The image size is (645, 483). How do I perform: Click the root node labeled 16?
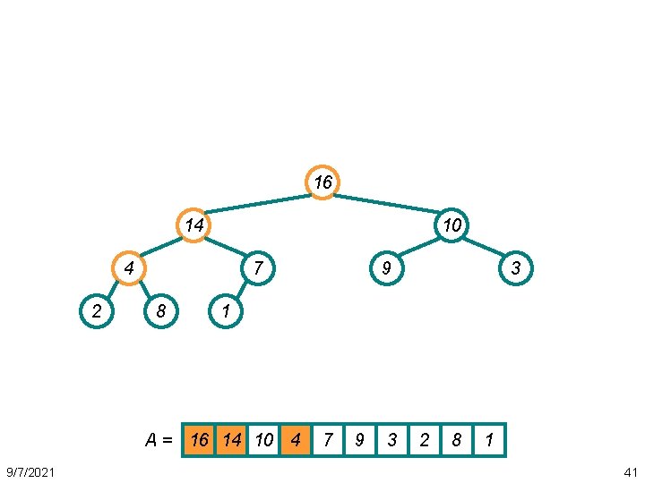pos(322,182)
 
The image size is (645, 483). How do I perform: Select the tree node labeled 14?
pos(193,225)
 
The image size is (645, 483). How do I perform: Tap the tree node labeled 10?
pos(452,225)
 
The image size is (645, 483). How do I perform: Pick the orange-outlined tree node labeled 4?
pos(129,267)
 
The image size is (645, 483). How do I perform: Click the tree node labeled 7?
pos(258,267)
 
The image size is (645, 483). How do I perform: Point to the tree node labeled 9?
pos(387,267)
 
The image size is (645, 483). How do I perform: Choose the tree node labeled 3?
pos(516,267)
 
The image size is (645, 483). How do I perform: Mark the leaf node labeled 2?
pos(96,311)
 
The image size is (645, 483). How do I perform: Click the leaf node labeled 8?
pos(160,311)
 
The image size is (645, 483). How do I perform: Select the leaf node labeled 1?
pos(226,311)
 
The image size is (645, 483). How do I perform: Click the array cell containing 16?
pos(198,440)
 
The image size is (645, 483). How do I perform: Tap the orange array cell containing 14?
pos(231,440)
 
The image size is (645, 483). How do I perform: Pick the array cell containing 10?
pos(263,440)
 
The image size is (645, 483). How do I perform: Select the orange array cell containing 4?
pos(296,440)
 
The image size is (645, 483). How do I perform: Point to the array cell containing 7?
pos(328,440)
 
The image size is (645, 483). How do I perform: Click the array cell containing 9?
pos(360,440)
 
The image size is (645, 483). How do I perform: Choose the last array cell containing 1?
pos(489,440)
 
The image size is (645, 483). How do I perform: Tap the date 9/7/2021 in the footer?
pos(29,470)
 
